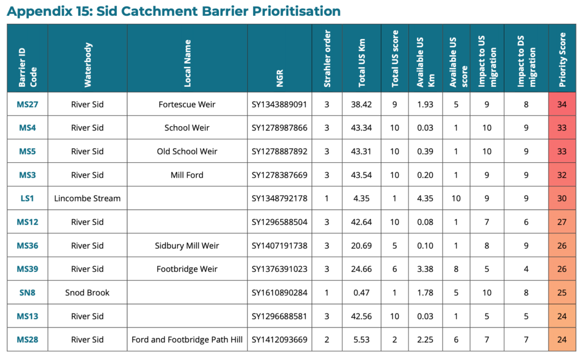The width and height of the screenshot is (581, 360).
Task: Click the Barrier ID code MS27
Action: (27, 104)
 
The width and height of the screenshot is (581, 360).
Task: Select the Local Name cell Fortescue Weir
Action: (187, 104)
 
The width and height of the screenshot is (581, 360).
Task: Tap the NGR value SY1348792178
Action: (279, 199)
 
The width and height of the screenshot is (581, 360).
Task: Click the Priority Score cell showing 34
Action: (562, 104)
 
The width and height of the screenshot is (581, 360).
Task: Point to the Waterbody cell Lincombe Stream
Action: (87, 199)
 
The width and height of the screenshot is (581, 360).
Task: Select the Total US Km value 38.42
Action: (361, 104)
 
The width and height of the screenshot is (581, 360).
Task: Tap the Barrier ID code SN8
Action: (27, 293)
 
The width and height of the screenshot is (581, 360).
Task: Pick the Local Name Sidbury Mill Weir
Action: (187, 246)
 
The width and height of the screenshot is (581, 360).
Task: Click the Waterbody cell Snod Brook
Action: (87, 293)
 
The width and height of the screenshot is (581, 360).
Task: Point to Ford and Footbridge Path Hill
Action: (187, 340)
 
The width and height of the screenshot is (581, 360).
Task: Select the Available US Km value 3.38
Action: (424, 269)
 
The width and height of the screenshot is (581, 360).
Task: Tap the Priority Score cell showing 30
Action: (562, 199)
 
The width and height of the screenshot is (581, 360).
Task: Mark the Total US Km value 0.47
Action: (361, 293)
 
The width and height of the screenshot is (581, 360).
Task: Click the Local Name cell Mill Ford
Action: (187, 175)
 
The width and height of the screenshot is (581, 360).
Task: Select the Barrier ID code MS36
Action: (27, 246)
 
